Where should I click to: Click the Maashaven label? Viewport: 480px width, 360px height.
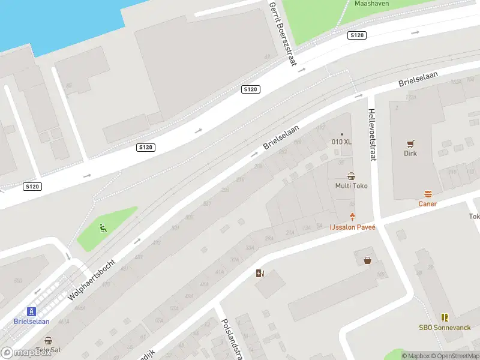point(371,4)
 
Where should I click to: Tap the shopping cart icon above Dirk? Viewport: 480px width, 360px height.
point(410,143)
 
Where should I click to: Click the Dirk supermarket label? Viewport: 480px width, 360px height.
point(410,154)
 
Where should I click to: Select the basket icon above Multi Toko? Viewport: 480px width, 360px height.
point(351,176)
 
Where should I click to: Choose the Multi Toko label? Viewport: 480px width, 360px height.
point(351,186)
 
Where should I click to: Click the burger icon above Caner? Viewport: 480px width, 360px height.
point(428,194)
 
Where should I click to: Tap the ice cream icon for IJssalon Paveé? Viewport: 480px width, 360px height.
point(352,217)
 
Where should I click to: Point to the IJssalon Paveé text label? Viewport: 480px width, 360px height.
point(352,227)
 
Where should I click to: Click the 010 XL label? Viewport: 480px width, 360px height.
point(342,142)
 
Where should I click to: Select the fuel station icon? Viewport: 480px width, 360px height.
point(259,274)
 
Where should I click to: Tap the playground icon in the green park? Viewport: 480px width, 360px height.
point(103,227)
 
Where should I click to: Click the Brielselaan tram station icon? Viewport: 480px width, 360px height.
point(31,311)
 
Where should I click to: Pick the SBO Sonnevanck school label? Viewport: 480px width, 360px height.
point(445,328)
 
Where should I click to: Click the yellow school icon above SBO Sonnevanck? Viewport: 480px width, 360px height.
point(445,317)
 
